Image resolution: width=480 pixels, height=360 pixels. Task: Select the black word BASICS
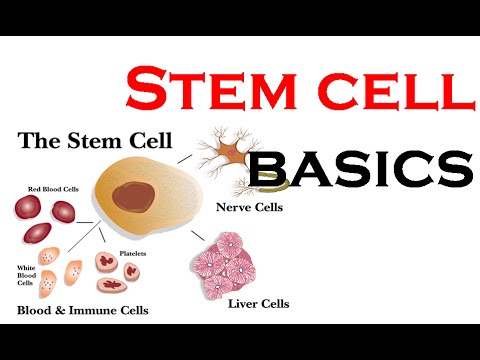[x=361, y=170]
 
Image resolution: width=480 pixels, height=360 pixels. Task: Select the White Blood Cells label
[x=28, y=275]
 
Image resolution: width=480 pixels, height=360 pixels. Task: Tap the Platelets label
[x=133, y=254]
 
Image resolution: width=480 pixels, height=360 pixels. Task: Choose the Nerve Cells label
[x=249, y=208]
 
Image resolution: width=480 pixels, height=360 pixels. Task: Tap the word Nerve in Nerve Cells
[x=232, y=208]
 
